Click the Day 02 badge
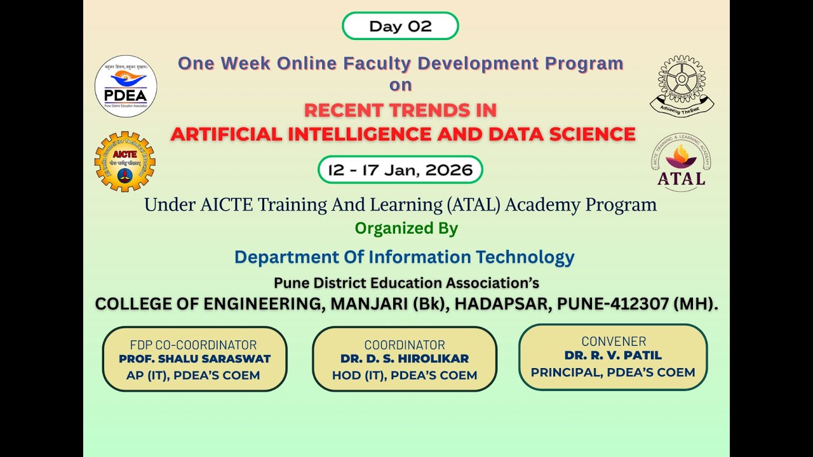(400, 26)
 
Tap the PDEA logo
(126, 86)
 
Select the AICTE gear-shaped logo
(125, 161)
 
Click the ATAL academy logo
(681, 162)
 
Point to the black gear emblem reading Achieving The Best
(682, 86)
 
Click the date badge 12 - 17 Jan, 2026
(400, 169)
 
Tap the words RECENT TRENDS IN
(400, 110)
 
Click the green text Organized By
(406, 228)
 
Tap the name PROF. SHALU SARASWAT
(194, 359)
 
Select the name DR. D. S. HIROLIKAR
(405, 359)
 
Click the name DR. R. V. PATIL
(613, 355)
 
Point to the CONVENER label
(614, 341)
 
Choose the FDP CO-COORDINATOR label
(193, 345)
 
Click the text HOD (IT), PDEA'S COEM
(405, 376)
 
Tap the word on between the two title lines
(400, 85)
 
